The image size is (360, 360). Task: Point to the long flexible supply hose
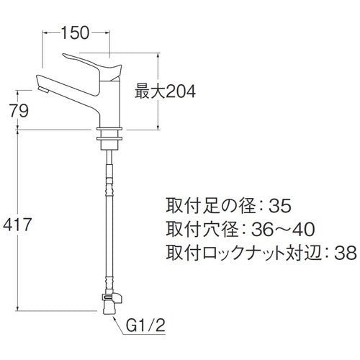(x=108, y=216)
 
